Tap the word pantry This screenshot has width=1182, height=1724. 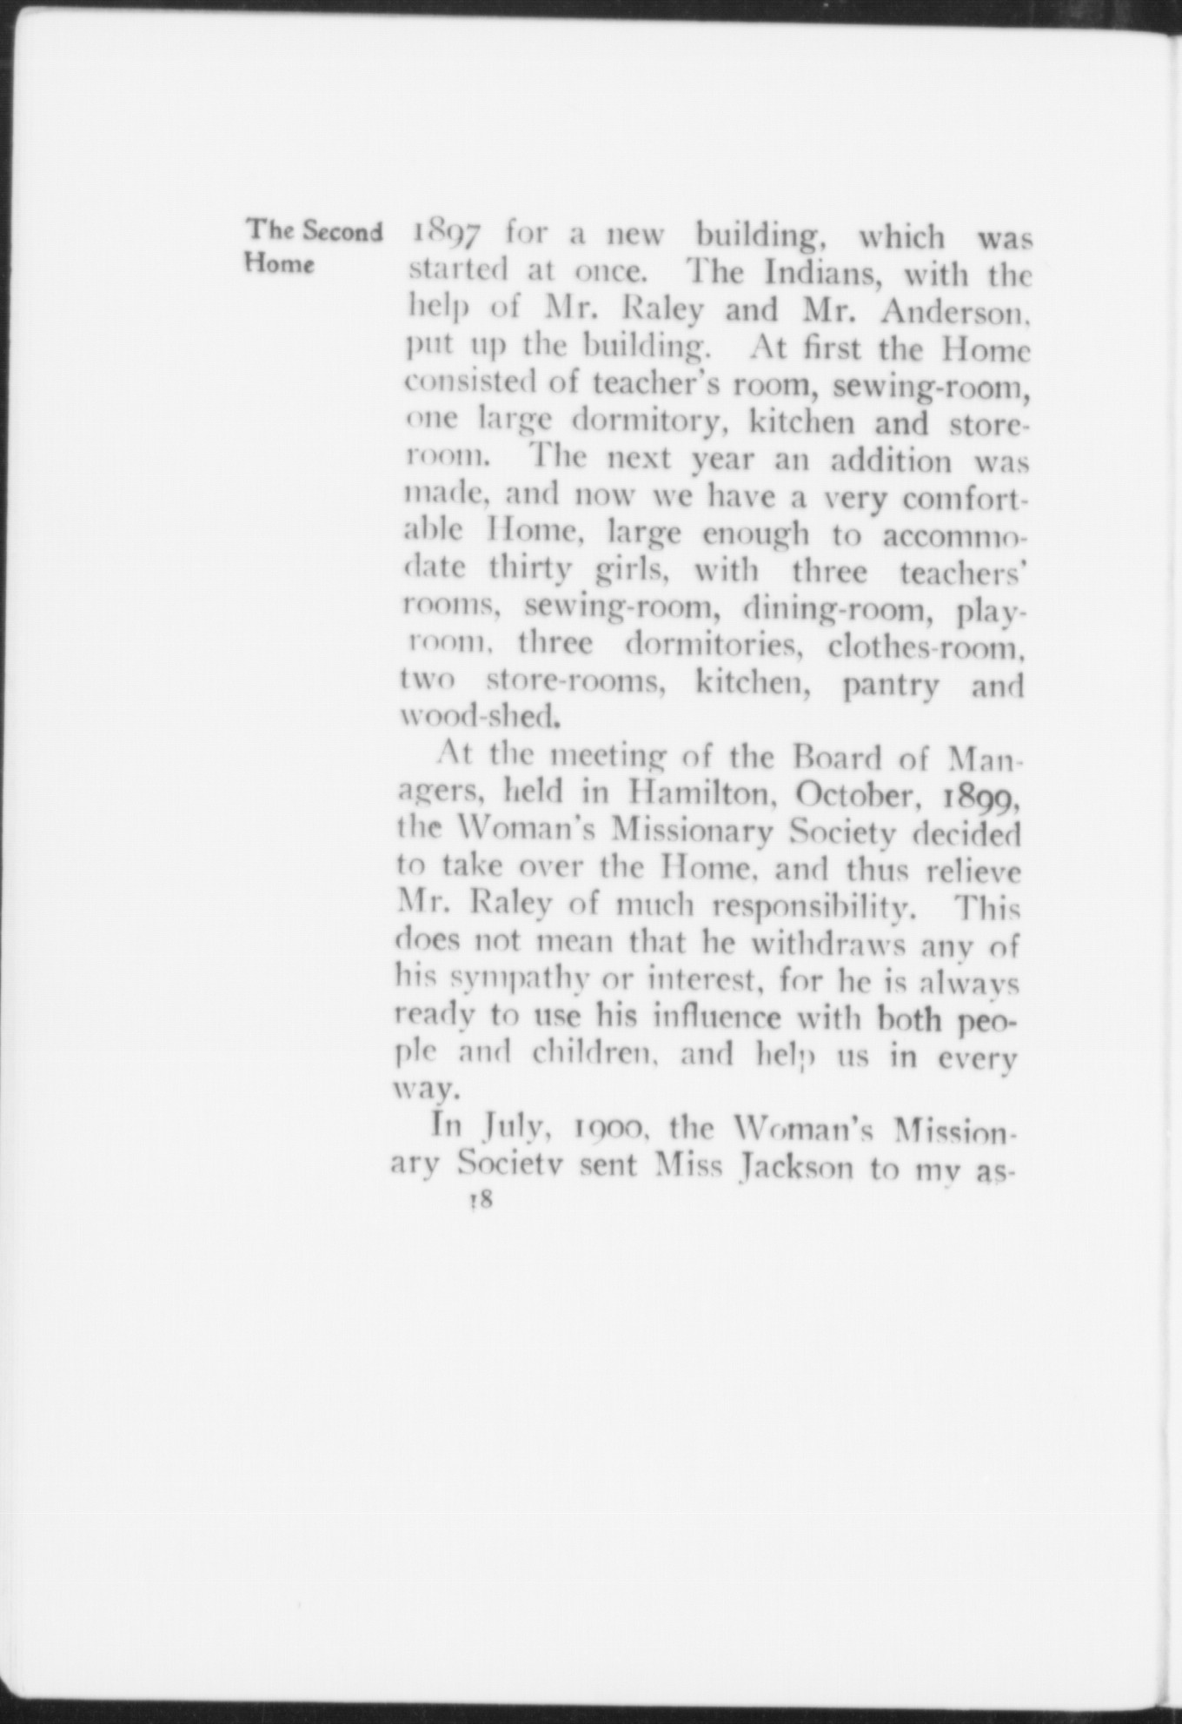point(891,686)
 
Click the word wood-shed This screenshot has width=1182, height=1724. point(478,718)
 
